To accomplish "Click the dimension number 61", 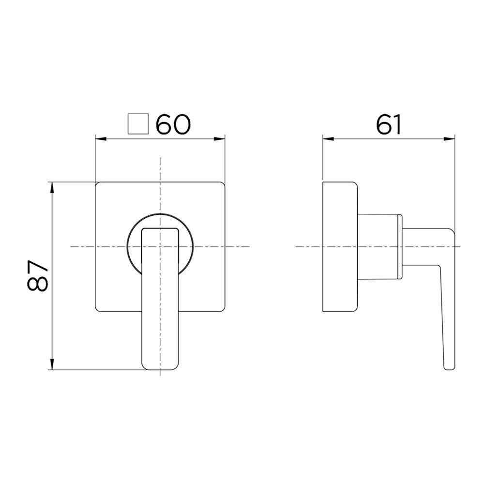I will pyautogui.click(x=389, y=125).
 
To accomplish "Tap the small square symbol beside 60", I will pyautogui.click(x=136, y=124).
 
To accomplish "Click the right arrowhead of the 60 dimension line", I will pyautogui.click(x=221, y=139).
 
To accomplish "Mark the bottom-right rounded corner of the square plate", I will pyautogui.click(x=223, y=309).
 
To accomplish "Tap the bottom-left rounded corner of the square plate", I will pyautogui.click(x=98, y=309).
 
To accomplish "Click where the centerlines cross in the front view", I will pyautogui.click(x=160, y=247).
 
